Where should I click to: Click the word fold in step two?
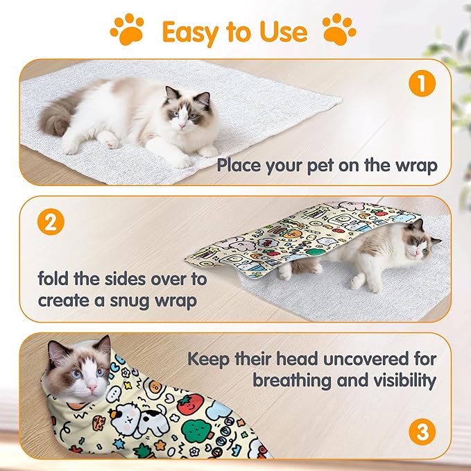(x=53, y=279)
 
